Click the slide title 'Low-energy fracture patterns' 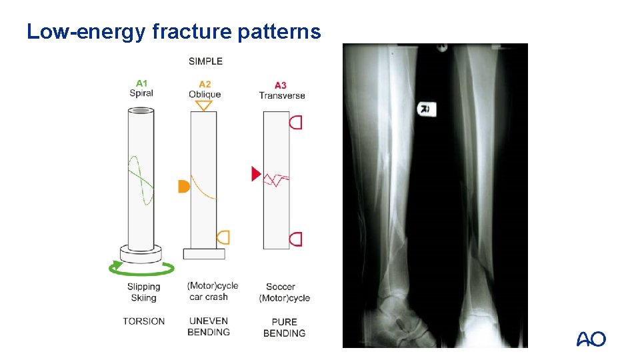pos(173,31)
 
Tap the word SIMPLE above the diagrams pos(205,61)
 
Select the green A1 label pos(141,83)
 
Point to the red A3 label pos(281,85)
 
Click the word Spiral pos(141,93)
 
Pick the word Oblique pos(205,95)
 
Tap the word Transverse pos(282,95)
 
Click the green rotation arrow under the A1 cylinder pos(142,269)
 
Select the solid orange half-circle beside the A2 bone pos(183,187)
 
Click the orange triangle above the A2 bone pos(204,105)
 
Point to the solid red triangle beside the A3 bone pos(255,174)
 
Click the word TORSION pos(143,321)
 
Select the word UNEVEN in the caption pos(209,321)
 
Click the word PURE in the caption pos(284,321)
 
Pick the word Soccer pos(281,287)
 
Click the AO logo pos(591,339)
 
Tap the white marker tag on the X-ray pos(425,109)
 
